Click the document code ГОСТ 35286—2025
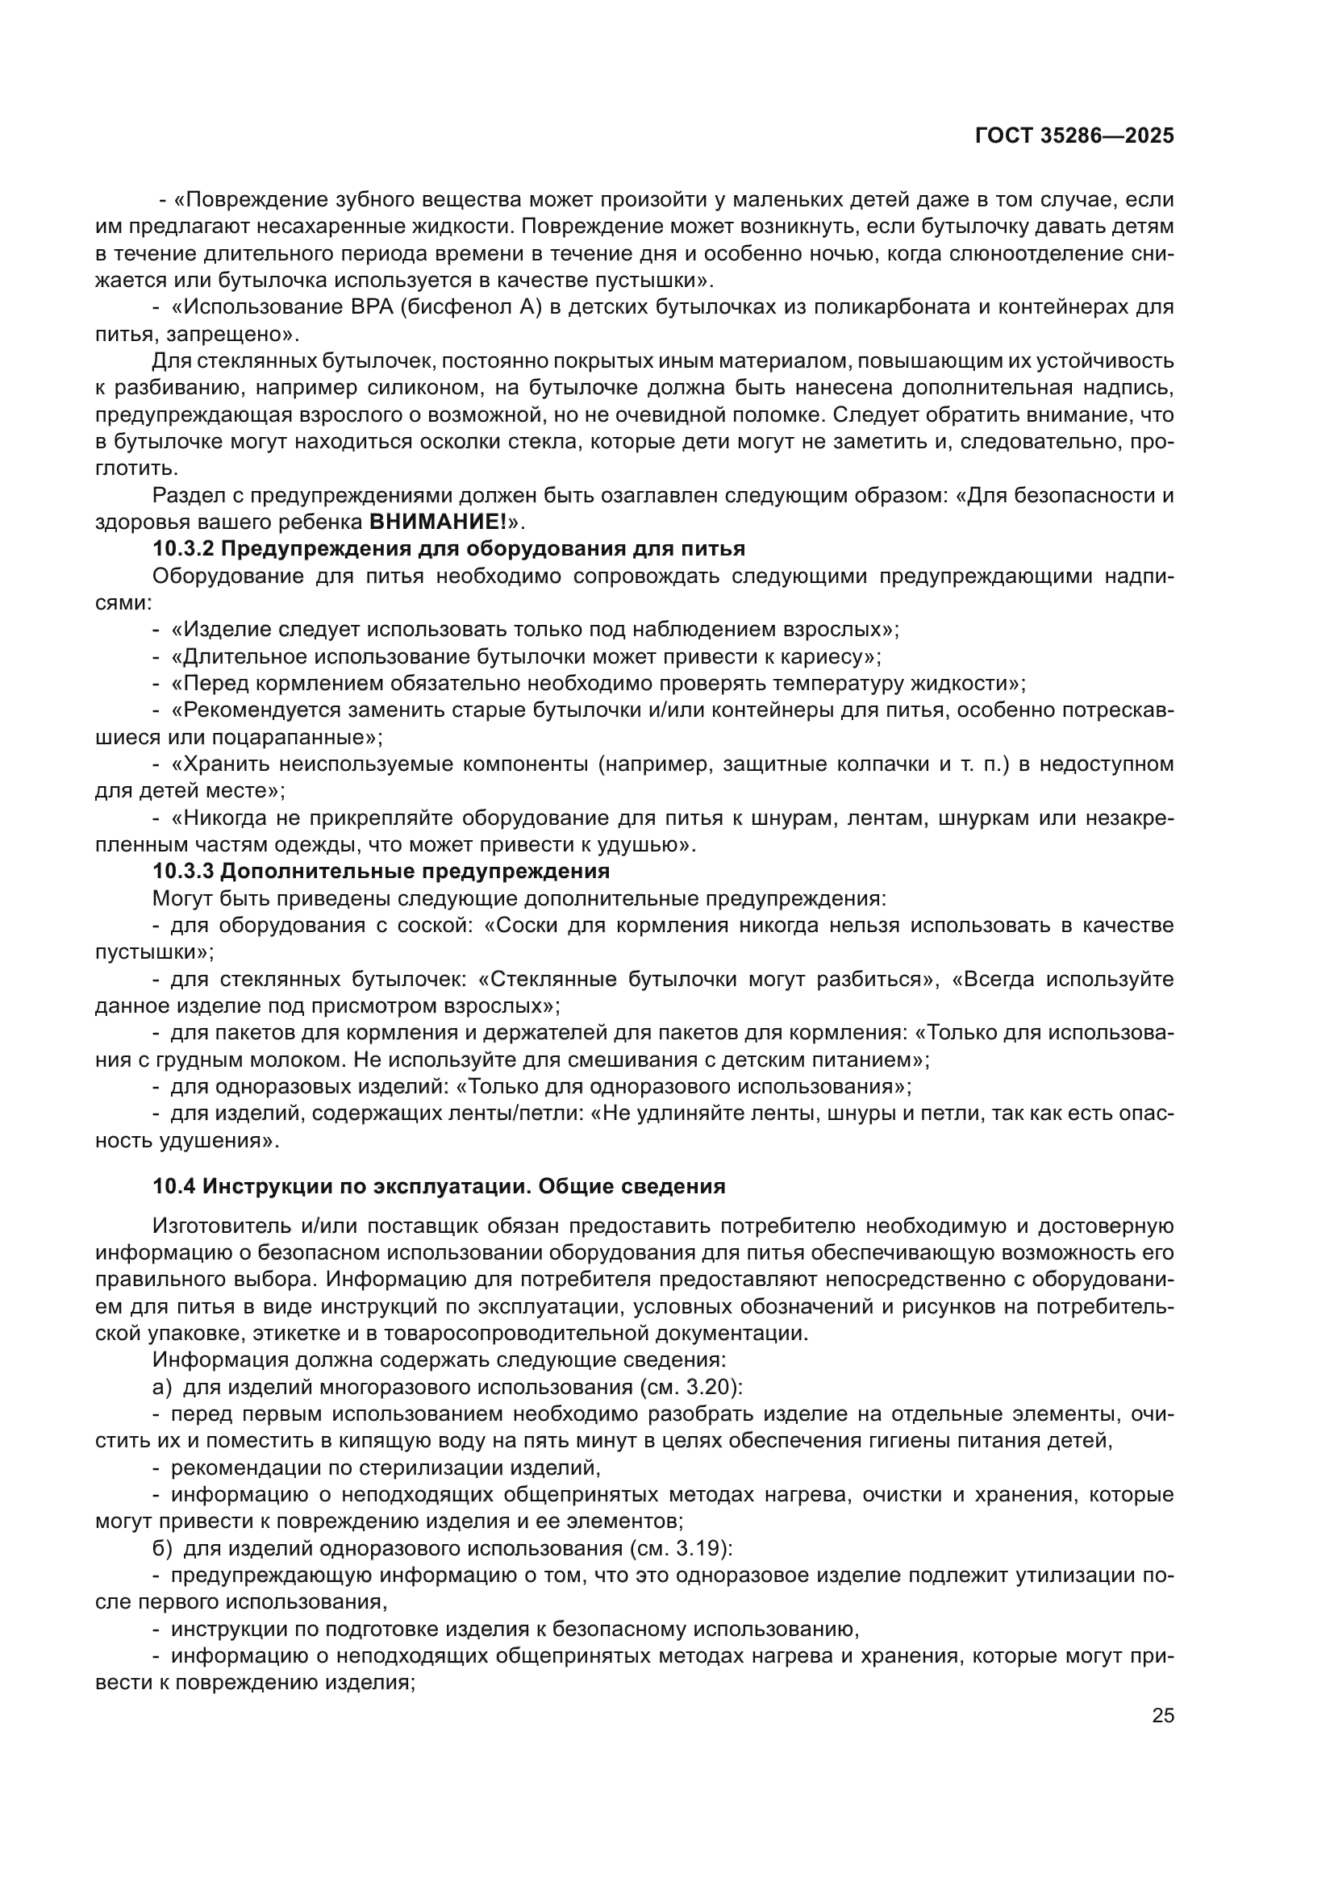1073,136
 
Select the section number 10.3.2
182,549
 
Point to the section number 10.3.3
182,871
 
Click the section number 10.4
174,1186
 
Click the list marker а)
162,1388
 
